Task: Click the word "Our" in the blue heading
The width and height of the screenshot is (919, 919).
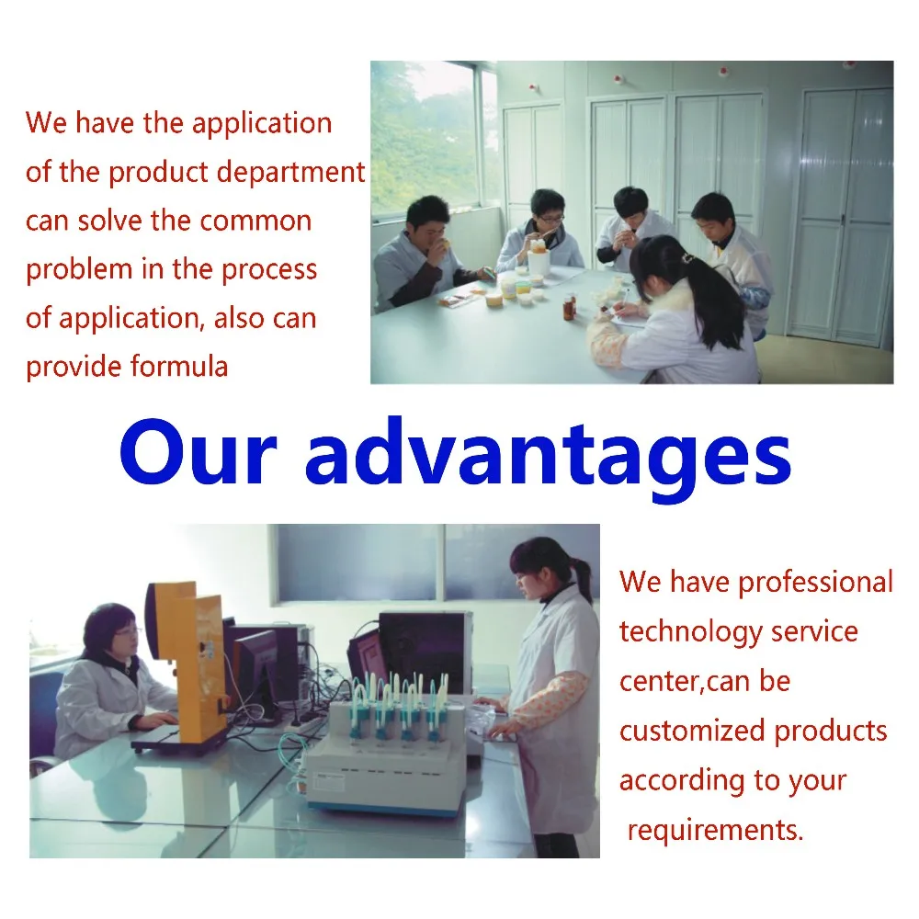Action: (x=198, y=452)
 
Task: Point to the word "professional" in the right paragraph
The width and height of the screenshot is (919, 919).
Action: (x=815, y=582)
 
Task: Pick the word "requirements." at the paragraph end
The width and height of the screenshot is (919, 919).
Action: (x=715, y=830)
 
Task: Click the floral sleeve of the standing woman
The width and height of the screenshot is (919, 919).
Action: (x=551, y=703)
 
